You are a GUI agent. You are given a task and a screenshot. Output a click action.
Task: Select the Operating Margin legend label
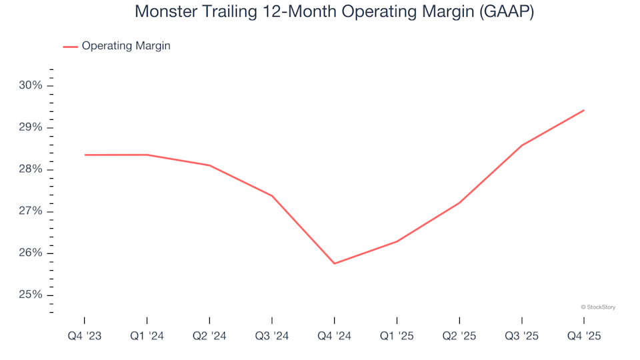(x=126, y=46)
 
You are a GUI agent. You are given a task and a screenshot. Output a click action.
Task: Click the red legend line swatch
(x=70, y=47)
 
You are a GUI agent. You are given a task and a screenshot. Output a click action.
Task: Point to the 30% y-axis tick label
(x=31, y=85)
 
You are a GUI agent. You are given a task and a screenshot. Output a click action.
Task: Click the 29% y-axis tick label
(x=31, y=127)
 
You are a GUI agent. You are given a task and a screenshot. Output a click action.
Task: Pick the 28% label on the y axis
(x=31, y=169)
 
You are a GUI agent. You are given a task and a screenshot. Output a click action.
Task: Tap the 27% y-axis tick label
(x=31, y=211)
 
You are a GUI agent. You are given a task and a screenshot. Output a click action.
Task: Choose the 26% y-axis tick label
(x=31, y=253)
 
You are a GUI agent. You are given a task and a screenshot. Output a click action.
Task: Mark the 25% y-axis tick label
(x=31, y=295)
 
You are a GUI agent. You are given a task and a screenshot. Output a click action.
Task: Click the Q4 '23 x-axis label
(x=85, y=337)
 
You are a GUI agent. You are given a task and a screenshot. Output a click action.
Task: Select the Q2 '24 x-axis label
(x=209, y=337)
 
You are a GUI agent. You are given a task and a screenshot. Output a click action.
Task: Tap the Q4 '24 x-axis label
(x=334, y=337)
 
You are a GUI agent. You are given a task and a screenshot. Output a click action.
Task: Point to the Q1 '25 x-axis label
(x=397, y=337)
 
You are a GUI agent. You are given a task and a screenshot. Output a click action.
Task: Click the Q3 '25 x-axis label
(x=521, y=337)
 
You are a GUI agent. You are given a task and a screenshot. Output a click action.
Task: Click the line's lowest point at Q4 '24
(x=334, y=263)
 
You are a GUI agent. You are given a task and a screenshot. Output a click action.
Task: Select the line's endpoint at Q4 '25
(x=584, y=110)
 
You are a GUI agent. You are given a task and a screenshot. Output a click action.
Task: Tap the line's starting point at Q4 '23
(x=85, y=155)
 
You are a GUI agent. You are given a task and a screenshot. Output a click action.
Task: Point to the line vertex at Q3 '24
(x=272, y=196)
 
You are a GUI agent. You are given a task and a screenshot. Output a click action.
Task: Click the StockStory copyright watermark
(x=598, y=307)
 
